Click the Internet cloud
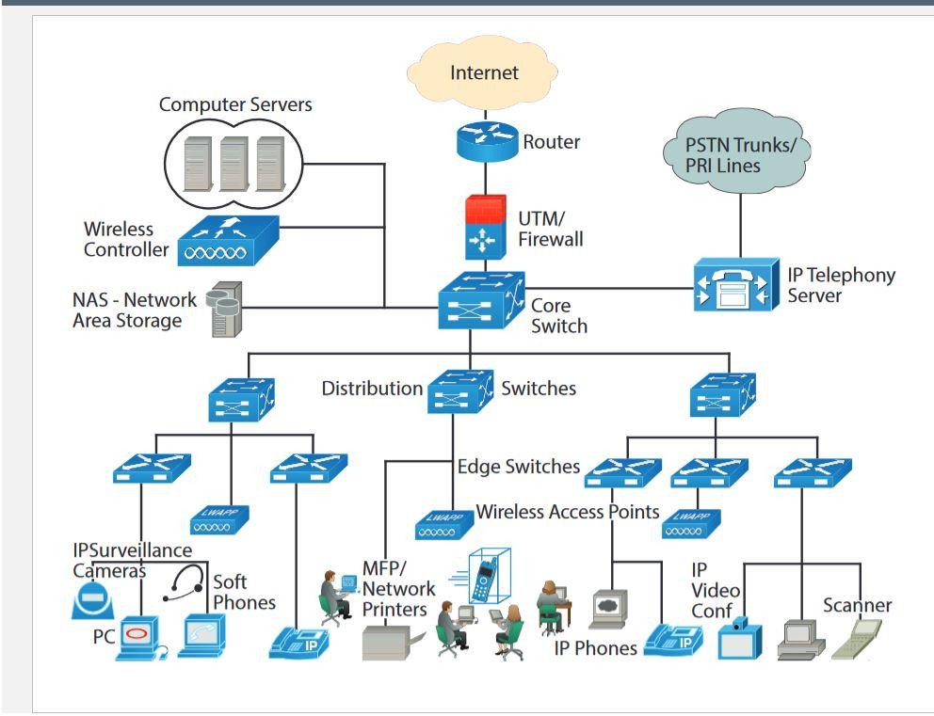coord(484,73)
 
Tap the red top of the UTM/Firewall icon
coord(484,210)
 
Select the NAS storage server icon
coord(221,309)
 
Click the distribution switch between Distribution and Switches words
coord(460,390)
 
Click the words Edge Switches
coord(518,466)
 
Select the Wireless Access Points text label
coord(567,513)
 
